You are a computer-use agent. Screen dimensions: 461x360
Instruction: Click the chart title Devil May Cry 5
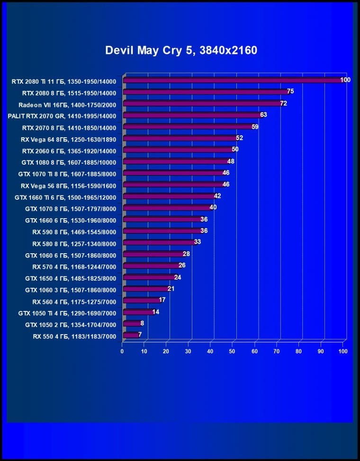coord(181,50)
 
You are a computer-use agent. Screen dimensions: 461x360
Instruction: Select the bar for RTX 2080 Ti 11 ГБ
coord(232,80)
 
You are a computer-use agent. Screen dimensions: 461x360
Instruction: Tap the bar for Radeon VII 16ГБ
coord(201,104)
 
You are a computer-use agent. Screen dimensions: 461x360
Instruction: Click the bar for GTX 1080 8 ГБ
coord(175,162)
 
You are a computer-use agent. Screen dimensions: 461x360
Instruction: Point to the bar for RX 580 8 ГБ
coord(158,243)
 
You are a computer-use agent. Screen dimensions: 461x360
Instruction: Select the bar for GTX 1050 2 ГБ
coord(131,324)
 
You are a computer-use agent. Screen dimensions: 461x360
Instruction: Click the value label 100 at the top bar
coord(345,80)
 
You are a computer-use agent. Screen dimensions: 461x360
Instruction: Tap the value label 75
coord(290,91)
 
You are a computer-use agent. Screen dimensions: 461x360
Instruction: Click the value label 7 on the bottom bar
coord(140,335)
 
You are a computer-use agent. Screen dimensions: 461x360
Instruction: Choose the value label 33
coord(198,242)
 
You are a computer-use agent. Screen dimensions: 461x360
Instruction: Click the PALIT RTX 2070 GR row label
coord(62,115)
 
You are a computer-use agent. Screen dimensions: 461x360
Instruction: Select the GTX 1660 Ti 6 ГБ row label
coord(65,197)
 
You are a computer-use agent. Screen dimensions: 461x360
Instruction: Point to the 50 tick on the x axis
coord(233,351)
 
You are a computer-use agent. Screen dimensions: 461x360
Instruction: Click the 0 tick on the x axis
coord(122,351)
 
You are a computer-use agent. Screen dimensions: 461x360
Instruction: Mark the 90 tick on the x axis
coord(321,351)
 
